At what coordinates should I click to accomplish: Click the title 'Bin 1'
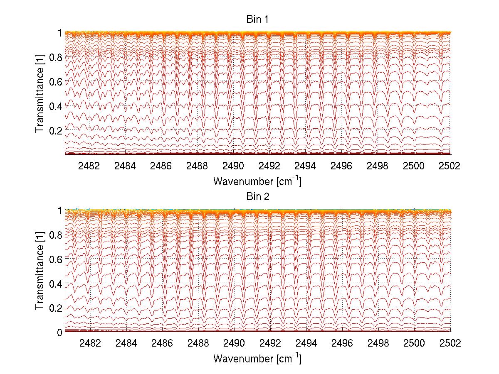257,19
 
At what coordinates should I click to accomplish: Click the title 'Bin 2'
257,196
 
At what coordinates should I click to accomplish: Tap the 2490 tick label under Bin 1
233,166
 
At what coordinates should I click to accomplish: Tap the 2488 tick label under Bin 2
198,343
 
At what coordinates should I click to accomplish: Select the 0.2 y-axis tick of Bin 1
56,130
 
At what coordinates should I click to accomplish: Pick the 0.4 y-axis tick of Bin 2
56,284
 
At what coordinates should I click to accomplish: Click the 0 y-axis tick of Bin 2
60,332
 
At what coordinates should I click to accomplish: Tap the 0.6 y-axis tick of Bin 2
56,259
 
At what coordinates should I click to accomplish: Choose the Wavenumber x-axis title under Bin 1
257,181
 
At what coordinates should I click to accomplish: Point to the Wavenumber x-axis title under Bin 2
257,358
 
